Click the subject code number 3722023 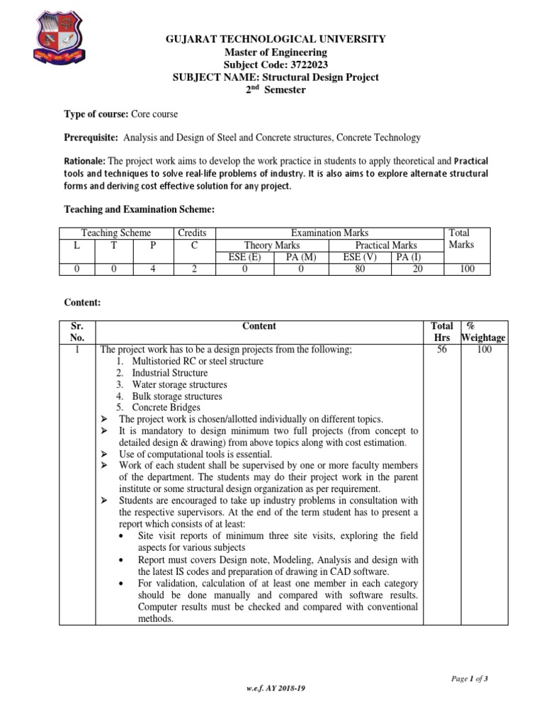click(x=294, y=65)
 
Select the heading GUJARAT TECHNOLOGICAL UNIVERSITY click(x=276, y=39)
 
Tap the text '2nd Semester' click(x=276, y=90)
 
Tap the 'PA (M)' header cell click(x=300, y=257)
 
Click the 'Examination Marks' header click(x=330, y=233)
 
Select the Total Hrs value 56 click(x=442, y=350)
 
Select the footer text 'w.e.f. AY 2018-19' click(x=277, y=708)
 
